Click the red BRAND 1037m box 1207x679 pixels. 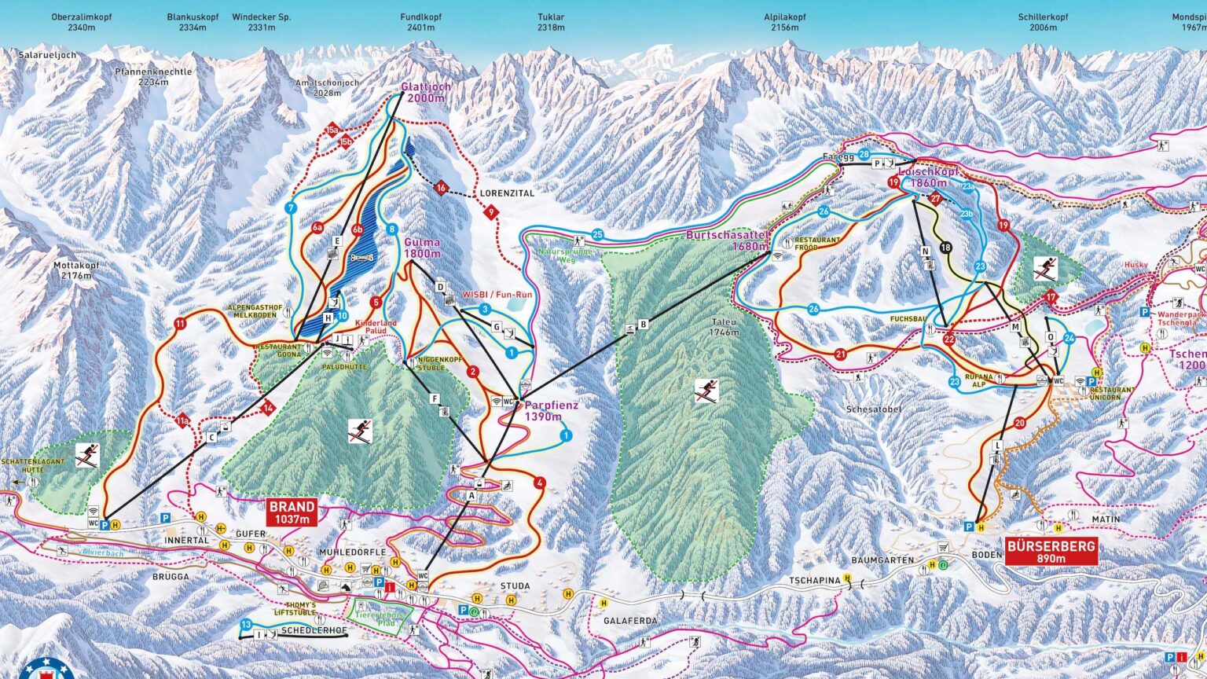[x=292, y=512]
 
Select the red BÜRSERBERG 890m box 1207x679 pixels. [x=1051, y=552]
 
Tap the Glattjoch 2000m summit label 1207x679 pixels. [x=422, y=93]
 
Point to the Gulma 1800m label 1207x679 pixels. [x=422, y=248]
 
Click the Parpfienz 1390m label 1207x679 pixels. [x=551, y=411]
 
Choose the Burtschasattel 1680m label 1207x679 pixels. [x=727, y=240]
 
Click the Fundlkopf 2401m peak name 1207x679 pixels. [x=417, y=22]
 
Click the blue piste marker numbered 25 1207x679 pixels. [x=597, y=234]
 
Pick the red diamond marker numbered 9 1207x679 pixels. [x=492, y=211]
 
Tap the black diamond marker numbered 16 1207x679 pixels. [x=442, y=188]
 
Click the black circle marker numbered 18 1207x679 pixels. [x=945, y=248]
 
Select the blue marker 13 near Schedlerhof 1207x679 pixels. [x=247, y=624]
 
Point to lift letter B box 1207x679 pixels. [x=643, y=323]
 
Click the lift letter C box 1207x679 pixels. [x=212, y=437]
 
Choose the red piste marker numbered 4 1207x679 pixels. [x=539, y=483]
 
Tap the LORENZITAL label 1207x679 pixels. [x=506, y=193]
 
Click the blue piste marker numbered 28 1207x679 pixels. [x=864, y=155]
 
